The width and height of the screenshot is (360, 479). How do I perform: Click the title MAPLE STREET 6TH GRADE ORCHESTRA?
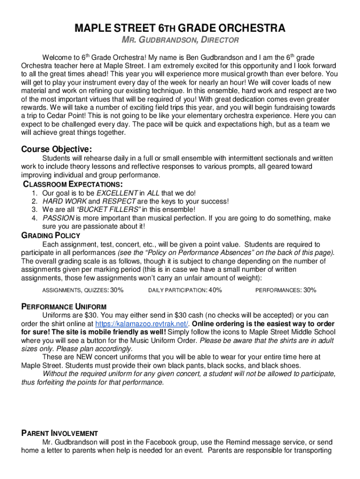[x=180, y=29]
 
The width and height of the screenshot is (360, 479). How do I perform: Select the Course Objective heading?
[x=57, y=149]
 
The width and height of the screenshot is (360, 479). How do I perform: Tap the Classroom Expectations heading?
[x=73, y=184]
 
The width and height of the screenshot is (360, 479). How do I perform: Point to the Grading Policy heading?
[x=51, y=235]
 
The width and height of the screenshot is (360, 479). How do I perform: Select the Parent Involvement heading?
[x=60, y=433]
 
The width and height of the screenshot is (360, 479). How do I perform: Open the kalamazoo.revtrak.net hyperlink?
[x=142, y=324]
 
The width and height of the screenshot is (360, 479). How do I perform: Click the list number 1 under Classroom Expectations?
[x=35, y=193]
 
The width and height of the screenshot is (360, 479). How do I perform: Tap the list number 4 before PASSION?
[x=35, y=218]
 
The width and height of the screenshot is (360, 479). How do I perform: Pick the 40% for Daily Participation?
[x=215, y=290]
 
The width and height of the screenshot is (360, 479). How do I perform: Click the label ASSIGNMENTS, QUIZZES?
[x=75, y=290]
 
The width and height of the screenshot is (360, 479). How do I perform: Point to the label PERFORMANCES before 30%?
[x=278, y=290]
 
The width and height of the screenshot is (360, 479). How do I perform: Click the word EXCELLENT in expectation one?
[x=117, y=193]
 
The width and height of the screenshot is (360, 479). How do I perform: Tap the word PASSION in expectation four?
[x=58, y=218]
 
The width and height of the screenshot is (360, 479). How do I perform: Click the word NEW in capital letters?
[x=81, y=357]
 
